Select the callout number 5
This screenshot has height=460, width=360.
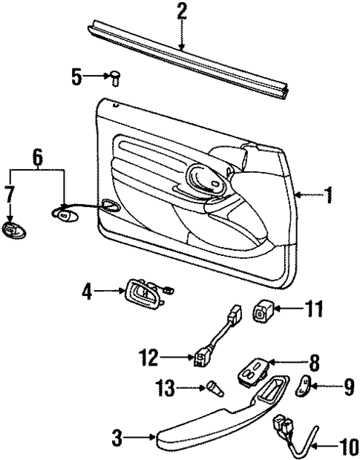pyautogui.click(x=77, y=76)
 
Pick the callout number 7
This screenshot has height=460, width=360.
pyautogui.click(x=10, y=195)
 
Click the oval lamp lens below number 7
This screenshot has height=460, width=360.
pyautogui.click(x=11, y=231)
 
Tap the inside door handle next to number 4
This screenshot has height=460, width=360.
pyautogui.click(x=145, y=294)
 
